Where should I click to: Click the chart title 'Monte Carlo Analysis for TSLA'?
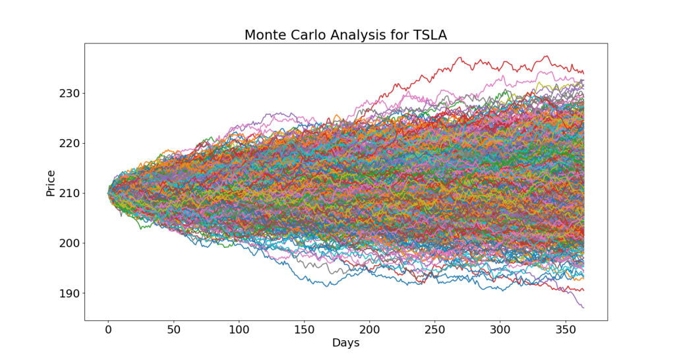point(345,35)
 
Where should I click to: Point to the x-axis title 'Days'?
point(345,343)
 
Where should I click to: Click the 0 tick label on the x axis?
point(108,329)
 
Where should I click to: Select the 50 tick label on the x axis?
point(173,329)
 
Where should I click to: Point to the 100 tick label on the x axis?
point(239,329)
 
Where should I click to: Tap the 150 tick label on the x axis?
point(304,329)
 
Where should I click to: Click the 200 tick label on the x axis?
point(369,329)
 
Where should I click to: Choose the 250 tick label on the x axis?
point(434,329)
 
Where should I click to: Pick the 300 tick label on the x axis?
point(500,329)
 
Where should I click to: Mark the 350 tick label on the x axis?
point(565,329)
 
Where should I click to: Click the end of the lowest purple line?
point(583,308)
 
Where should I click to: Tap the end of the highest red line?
point(583,73)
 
